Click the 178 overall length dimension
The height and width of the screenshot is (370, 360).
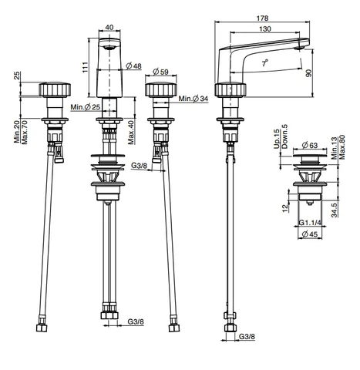[262, 18]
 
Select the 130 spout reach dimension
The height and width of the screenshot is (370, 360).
[264, 29]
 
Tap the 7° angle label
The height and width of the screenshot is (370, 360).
[265, 63]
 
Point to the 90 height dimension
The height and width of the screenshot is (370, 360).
[309, 73]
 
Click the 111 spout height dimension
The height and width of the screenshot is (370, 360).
[86, 67]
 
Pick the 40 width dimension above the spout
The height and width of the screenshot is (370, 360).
[109, 27]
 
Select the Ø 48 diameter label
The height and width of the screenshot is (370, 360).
[134, 66]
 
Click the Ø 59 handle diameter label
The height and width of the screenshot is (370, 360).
[160, 72]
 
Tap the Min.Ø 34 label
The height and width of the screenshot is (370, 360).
[193, 99]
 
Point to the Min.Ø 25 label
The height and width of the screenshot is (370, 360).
[86, 107]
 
